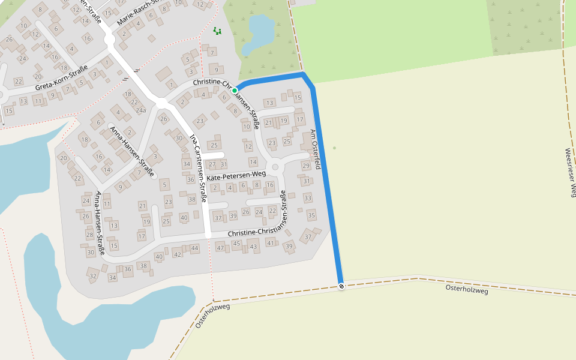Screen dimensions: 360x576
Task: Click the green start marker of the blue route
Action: pos(235,91)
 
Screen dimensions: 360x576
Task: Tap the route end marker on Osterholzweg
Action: pos(341,286)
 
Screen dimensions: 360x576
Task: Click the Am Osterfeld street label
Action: pos(315,149)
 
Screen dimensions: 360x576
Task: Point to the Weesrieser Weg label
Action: pos(570,172)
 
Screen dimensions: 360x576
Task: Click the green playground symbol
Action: pos(217,31)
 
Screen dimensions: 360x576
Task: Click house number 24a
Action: pos(140,110)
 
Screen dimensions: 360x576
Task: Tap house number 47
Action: pos(220,248)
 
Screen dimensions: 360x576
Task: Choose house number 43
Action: pos(253,247)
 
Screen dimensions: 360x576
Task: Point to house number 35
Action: pos(311,215)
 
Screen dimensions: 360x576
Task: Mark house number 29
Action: pos(305,166)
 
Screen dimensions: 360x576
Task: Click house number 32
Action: pos(92,276)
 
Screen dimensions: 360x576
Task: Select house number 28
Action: pos(89,234)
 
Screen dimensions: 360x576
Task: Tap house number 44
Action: pos(194,248)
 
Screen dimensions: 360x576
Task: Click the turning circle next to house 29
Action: pos(275,167)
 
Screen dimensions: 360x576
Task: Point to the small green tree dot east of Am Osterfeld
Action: pos(334,148)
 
